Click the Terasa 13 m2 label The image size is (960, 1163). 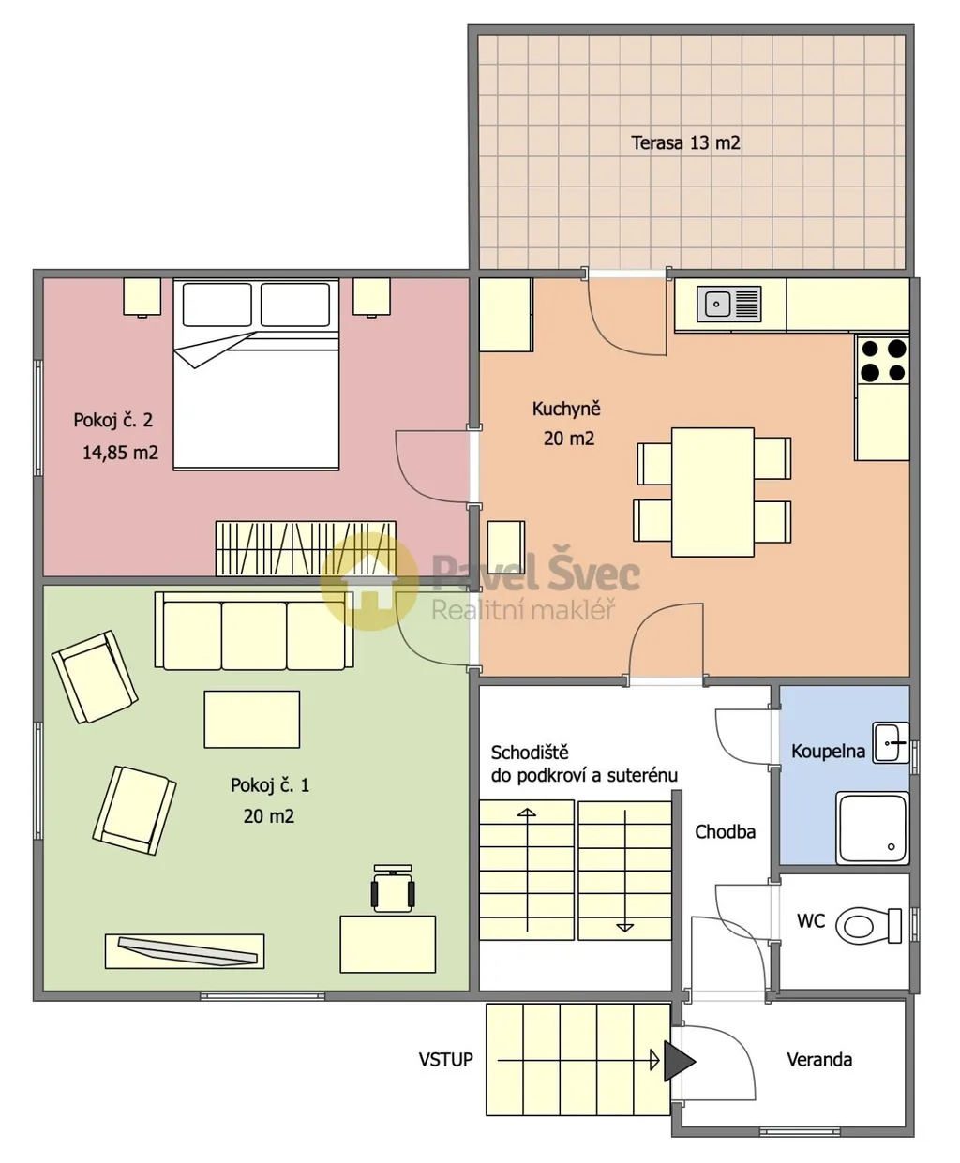click(685, 143)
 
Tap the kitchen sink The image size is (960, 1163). click(728, 305)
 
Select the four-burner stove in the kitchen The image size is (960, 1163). click(883, 361)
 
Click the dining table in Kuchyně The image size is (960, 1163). click(712, 492)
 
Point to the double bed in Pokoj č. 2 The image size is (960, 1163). click(256, 374)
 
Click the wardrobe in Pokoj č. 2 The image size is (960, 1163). click(306, 548)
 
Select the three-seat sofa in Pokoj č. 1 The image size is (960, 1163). click(253, 631)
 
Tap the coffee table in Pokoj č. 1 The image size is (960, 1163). click(252, 719)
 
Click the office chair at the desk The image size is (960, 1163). click(393, 888)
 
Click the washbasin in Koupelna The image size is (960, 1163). click(891, 742)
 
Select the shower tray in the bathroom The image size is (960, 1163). click(872, 828)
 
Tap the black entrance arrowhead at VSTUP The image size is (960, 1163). click(679, 1061)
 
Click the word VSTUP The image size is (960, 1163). click(445, 1059)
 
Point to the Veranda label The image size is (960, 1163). click(819, 1059)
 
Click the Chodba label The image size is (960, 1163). click(725, 831)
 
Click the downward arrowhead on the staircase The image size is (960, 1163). click(625, 928)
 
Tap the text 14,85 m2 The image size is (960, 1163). click(120, 453)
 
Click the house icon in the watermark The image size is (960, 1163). click(369, 581)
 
